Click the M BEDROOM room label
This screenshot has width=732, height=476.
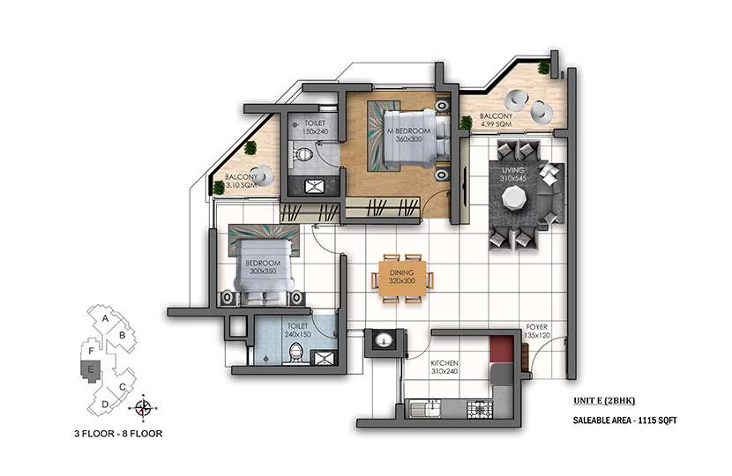pyautogui.click(x=409, y=131)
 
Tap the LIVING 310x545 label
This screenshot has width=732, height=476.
pyautogui.click(x=513, y=174)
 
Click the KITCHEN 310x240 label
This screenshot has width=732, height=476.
pyautogui.click(x=444, y=368)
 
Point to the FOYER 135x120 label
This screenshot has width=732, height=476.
pyautogui.click(x=537, y=331)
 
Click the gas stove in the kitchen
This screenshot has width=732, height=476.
pyautogui.click(x=480, y=409)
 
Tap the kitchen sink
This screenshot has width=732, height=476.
pyautogui.click(x=425, y=409)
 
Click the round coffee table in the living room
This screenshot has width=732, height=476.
pyautogui.click(x=514, y=197)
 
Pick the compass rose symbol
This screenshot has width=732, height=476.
pyautogui.click(x=144, y=408)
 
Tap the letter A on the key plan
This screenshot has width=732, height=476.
pyautogui.click(x=106, y=319)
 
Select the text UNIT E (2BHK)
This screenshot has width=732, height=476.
pyautogui.click(x=604, y=400)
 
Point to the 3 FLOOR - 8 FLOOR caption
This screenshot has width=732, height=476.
pyautogui.click(x=118, y=434)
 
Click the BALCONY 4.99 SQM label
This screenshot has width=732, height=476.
pyautogui.click(x=496, y=120)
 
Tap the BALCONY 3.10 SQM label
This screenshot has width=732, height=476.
pyautogui.click(x=241, y=181)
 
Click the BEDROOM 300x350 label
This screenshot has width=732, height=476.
pyautogui.click(x=263, y=267)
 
